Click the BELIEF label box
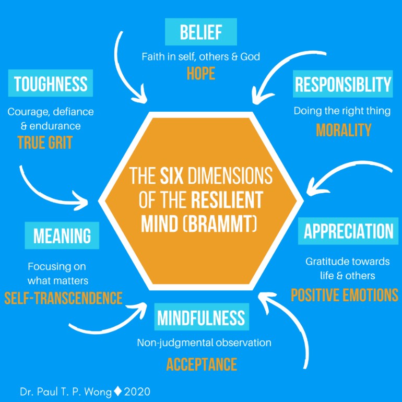[x=201, y=32]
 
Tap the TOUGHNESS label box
[x=51, y=84]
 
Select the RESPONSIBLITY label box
[x=342, y=84]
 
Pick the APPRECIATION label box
[x=349, y=231]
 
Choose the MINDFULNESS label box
[x=201, y=317]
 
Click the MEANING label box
[x=62, y=235]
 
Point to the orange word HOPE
[x=201, y=74]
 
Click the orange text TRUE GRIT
[x=44, y=142]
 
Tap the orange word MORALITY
[x=343, y=130]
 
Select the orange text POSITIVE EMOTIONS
[x=344, y=295]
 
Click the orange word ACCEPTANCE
[x=202, y=364]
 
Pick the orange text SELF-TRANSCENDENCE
[x=63, y=298]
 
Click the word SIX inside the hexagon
[x=172, y=176]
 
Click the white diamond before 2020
[x=117, y=390]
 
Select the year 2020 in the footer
[x=137, y=391]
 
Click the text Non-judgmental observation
[x=204, y=343]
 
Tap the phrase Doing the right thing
[x=342, y=111]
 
